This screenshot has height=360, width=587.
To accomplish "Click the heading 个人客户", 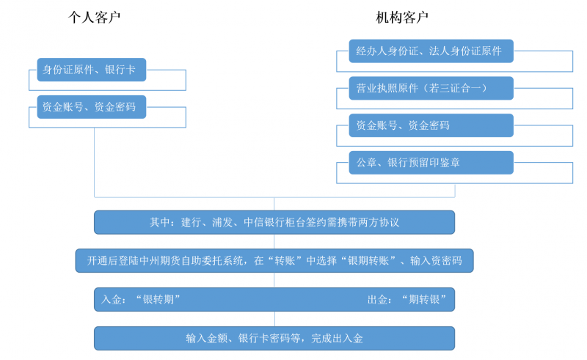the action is tap(94, 17).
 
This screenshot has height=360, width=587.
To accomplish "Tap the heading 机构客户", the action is tap(402, 17).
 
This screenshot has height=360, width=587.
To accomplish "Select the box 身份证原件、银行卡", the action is tap(91, 70).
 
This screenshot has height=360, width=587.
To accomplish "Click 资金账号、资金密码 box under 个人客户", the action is tap(91, 107).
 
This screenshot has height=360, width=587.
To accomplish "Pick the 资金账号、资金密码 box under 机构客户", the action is tap(431, 125).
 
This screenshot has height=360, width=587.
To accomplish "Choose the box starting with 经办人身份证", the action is tap(431, 51).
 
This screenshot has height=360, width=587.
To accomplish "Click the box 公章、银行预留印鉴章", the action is tap(431, 163).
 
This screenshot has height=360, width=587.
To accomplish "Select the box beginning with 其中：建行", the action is tap(274, 222).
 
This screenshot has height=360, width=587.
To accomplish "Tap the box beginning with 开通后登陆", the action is tap(274, 260).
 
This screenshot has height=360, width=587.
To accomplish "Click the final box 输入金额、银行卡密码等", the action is tap(274, 338).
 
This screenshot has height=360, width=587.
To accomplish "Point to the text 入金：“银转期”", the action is tap(141, 299).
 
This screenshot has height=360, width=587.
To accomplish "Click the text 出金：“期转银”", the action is tap(407, 299).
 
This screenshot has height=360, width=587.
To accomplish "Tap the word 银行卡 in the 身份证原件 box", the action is tap(120, 70).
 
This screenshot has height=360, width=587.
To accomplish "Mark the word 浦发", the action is tap(222, 222).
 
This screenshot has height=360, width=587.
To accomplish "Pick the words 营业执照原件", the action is tap(387, 88).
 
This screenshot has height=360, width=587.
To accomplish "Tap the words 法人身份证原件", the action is tap(465, 51).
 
